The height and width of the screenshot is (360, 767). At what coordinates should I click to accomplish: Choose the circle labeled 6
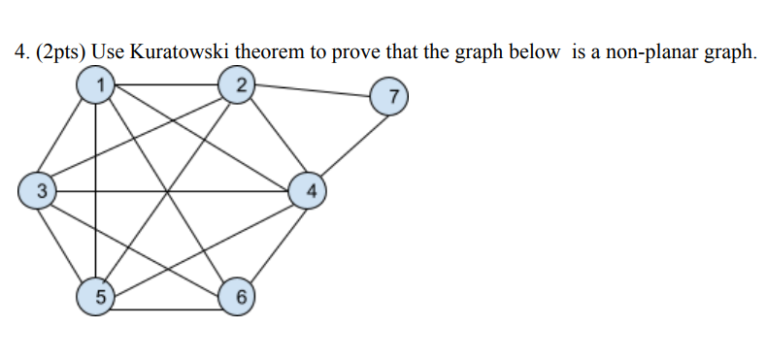click(238, 297)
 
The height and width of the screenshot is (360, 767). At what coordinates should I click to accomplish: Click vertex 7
click(388, 98)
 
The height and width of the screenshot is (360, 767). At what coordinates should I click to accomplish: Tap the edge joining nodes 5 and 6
click(166, 310)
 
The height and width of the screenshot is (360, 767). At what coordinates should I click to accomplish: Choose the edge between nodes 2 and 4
click(273, 138)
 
